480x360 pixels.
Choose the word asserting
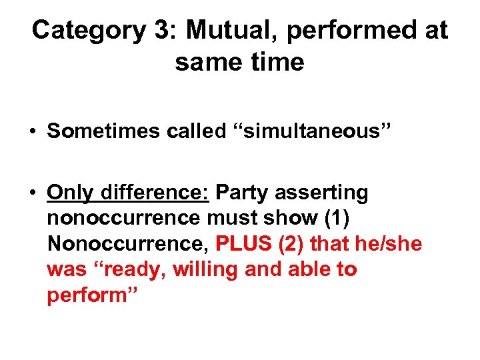pyautogui.click(x=325, y=193)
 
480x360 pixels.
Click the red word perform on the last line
pyautogui.click(x=87, y=296)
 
